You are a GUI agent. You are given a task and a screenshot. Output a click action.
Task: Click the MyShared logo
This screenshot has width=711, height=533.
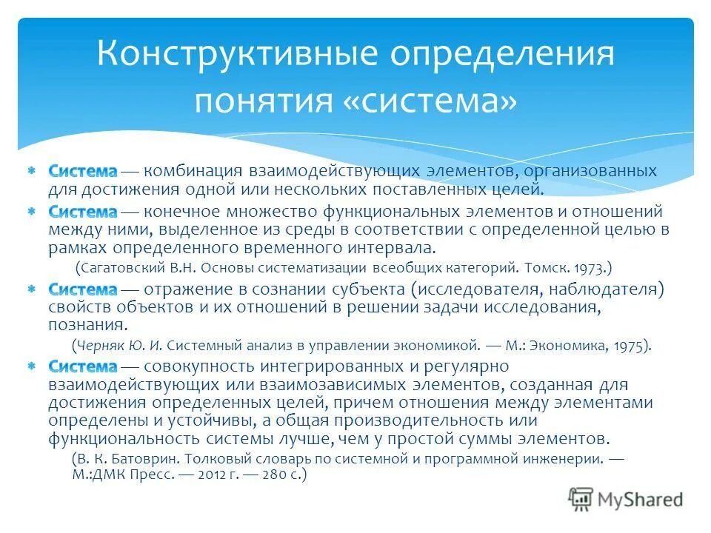coord(626,499)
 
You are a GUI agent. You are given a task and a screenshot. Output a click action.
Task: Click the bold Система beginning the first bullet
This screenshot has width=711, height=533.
coord(83,171)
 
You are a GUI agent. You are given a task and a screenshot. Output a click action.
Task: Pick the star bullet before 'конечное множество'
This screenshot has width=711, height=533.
coord(32,212)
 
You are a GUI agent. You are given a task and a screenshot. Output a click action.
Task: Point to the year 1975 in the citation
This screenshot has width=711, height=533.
coord(630,344)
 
